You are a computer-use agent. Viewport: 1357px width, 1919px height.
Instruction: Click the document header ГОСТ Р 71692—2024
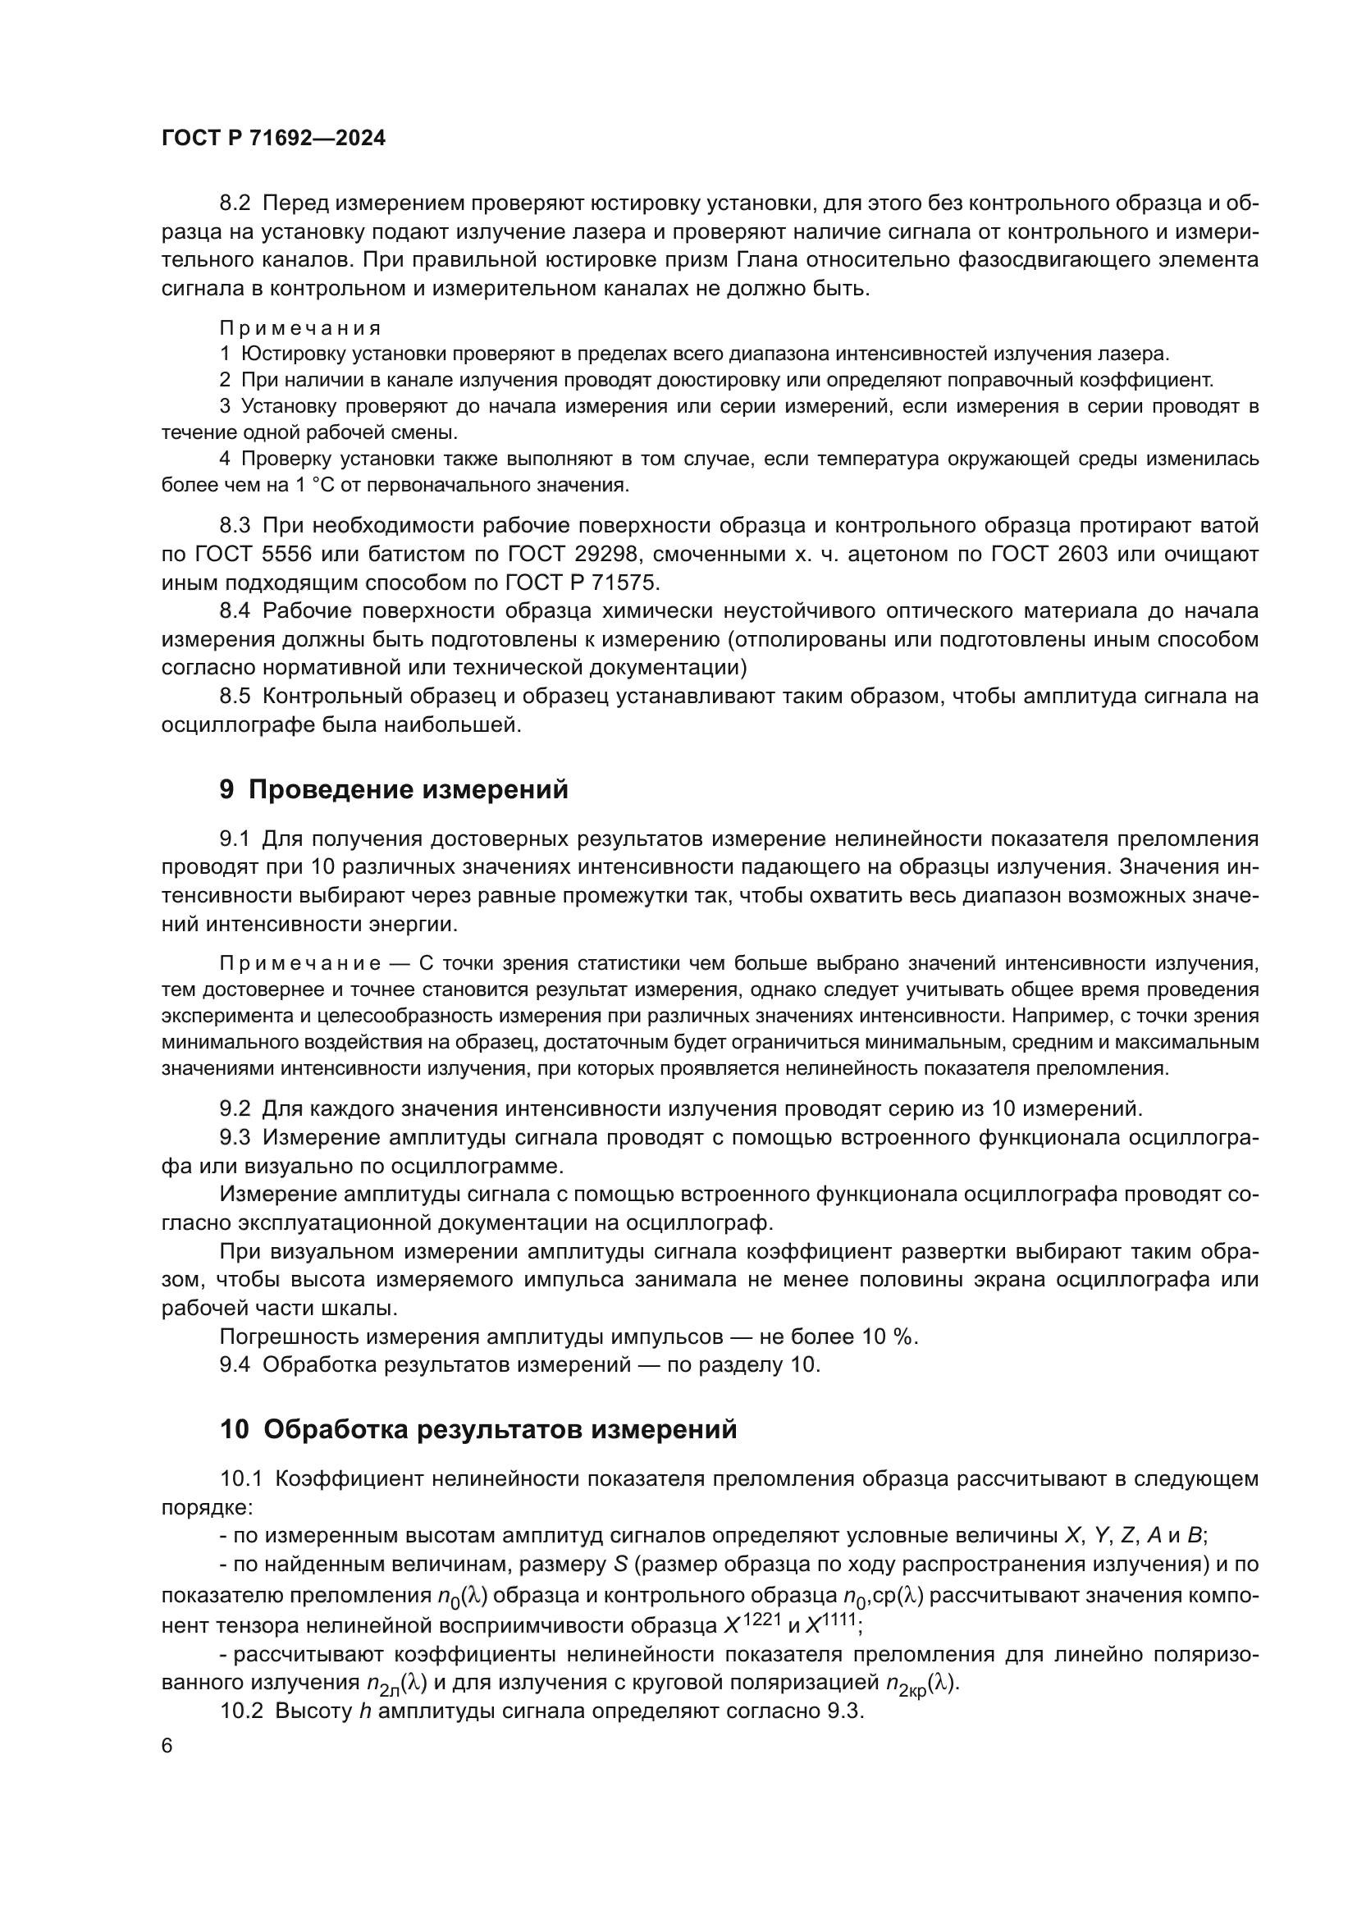(273, 139)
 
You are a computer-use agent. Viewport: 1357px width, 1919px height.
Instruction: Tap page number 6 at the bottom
(167, 1746)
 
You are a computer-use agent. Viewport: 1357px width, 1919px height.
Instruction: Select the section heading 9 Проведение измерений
(394, 789)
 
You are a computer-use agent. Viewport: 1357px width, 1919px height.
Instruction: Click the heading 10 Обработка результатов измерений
(478, 1430)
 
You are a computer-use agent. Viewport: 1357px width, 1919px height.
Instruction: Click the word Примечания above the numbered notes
(300, 327)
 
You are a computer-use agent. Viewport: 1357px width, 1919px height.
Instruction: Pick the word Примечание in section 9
(300, 964)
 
